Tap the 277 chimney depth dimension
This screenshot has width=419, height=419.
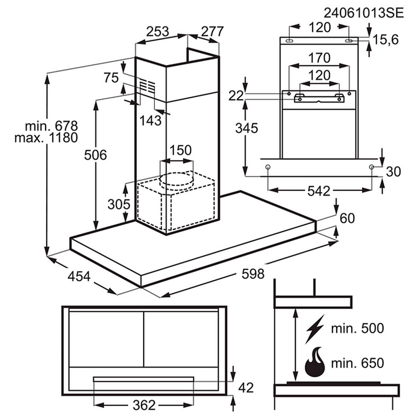pyautogui.click(x=213, y=31)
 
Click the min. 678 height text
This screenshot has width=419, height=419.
pyautogui.click(x=51, y=126)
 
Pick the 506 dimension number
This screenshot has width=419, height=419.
pyautogui.click(x=96, y=155)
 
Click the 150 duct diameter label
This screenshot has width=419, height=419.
pyautogui.click(x=180, y=150)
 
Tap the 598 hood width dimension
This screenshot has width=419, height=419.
pyautogui.click(x=252, y=274)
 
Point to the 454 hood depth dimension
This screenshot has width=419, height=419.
pyautogui.click(x=79, y=277)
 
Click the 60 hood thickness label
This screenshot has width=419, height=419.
pyautogui.click(x=347, y=218)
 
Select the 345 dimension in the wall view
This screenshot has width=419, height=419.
pyautogui.click(x=247, y=128)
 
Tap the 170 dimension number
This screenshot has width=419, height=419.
pyautogui.click(x=319, y=57)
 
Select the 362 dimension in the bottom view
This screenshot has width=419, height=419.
pyautogui.click(x=144, y=405)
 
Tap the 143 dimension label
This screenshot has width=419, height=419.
pyautogui.click(x=151, y=120)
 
